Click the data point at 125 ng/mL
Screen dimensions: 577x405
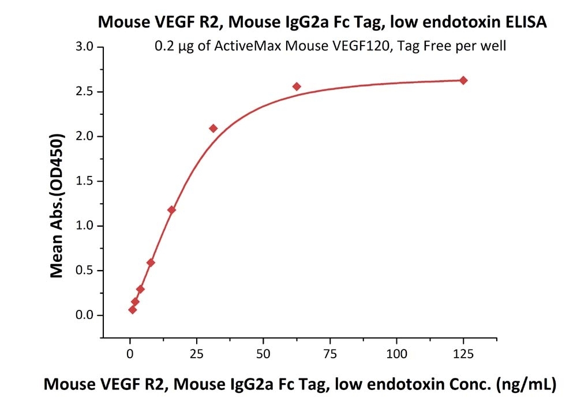click(463, 80)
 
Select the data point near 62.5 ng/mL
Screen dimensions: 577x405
click(297, 87)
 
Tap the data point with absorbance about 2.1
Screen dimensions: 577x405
click(213, 129)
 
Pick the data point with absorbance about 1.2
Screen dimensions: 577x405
click(171, 209)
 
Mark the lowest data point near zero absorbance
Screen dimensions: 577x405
click(133, 310)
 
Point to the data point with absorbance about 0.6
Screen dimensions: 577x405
click(151, 262)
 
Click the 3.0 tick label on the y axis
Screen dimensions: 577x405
click(84, 47)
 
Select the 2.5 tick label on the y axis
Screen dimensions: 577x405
click(84, 92)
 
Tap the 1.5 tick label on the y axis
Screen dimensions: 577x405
click(84, 181)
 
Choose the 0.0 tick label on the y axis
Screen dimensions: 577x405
click(84, 315)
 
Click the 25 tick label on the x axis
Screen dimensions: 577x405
click(197, 354)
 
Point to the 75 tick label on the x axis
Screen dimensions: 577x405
click(330, 354)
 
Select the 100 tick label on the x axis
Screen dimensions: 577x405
click(397, 354)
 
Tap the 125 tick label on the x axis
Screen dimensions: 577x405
click(463, 354)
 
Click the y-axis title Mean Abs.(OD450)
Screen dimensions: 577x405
click(57, 206)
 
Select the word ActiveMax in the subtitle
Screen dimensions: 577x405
click(248, 46)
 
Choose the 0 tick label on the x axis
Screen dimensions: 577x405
click(130, 354)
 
